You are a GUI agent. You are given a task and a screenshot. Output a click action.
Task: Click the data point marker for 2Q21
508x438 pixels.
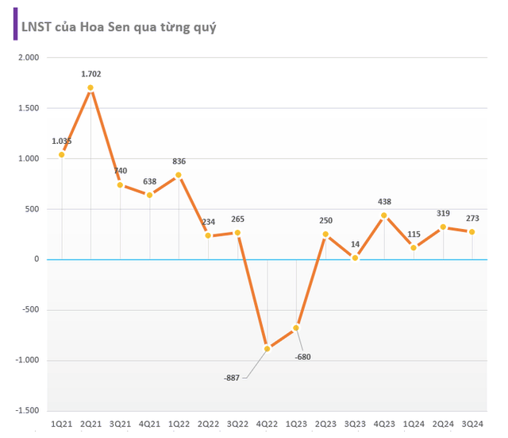(x=90, y=87)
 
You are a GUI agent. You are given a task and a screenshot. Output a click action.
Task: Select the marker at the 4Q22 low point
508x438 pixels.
(x=267, y=349)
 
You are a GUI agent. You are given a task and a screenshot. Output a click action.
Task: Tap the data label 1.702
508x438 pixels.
(x=91, y=74)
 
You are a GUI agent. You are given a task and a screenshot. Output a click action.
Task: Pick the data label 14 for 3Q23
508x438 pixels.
(x=355, y=245)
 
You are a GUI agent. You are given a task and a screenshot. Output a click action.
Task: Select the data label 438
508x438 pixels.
(x=384, y=202)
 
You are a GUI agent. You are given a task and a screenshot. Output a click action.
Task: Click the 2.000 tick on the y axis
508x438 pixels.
(x=28, y=58)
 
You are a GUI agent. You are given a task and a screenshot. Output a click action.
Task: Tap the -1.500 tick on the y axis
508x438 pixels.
(x=26, y=411)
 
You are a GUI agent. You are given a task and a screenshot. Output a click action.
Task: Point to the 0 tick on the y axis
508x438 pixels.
(x=36, y=260)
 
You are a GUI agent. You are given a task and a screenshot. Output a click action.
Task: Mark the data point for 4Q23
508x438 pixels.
(x=384, y=215)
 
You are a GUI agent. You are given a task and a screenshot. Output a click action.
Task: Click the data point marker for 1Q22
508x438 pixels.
(x=179, y=175)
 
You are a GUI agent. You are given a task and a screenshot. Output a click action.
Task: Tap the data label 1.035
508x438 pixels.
(x=63, y=141)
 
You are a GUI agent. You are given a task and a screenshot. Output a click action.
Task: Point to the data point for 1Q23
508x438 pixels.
(x=296, y=328)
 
